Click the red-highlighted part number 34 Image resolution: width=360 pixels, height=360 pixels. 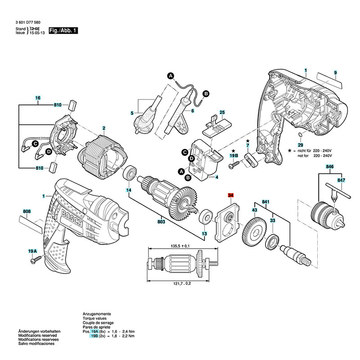click(231, 196)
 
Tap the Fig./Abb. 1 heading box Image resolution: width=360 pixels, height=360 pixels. click(63, 31)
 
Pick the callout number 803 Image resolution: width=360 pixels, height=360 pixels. click(161, 222)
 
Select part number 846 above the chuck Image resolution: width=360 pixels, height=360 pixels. click(329, 167)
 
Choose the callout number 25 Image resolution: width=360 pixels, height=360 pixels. click(221, 112)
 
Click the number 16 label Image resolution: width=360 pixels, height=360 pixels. click(38, 98)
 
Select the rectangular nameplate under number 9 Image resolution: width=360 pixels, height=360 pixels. click(328, 81)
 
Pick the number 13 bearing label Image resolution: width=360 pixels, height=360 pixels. click(204, 234)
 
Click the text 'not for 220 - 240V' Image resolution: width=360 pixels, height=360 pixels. click(314, 155)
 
